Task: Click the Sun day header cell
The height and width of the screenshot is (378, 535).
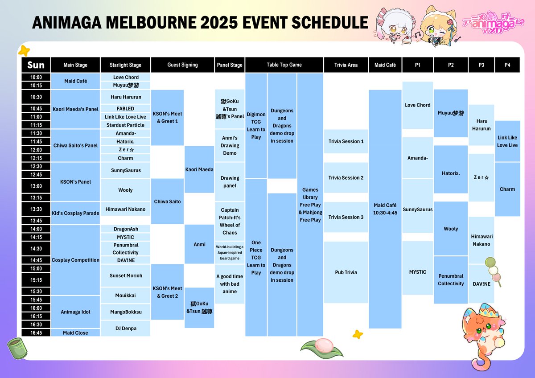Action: point(36,65)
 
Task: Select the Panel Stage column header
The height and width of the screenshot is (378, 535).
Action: point(230,65)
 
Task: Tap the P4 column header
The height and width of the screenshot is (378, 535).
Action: point(507,65)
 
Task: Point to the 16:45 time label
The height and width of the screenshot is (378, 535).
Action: point(36,333)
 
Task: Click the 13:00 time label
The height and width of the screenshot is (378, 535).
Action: point(36,186)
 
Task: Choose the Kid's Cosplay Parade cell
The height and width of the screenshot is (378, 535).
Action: point(75,213)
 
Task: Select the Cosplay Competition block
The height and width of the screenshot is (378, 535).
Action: point(75,260)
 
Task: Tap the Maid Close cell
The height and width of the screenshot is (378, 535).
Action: point(75,333)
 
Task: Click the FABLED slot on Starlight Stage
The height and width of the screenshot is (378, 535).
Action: point(125,108)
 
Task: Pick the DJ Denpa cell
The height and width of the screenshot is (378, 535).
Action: point(125,329)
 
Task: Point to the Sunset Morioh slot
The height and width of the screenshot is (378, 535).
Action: point(125,275)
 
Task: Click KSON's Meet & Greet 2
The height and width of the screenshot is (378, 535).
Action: point(167,292)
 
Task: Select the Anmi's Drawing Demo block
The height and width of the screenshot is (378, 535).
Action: point(230,145)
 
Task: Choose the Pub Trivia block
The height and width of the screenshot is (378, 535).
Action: point(346,272)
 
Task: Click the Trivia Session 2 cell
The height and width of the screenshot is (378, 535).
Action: point(346,177)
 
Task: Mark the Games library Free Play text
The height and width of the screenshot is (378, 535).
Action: point(310,205)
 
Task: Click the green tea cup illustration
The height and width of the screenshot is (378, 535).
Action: point(15,348)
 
